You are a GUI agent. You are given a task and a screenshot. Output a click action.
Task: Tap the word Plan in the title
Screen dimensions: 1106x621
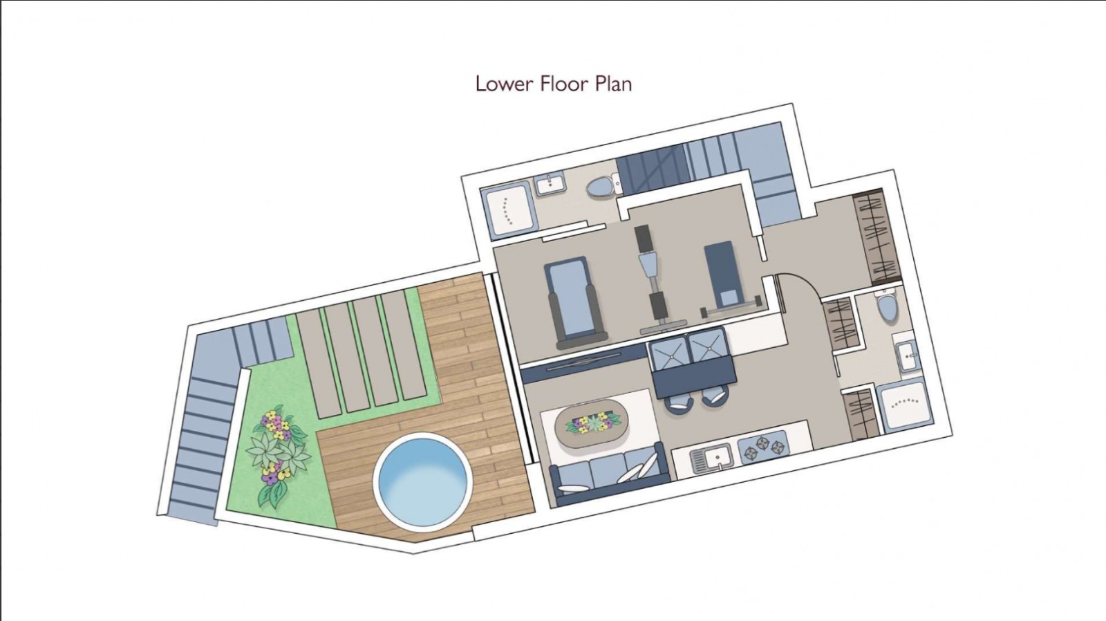click(614, 84)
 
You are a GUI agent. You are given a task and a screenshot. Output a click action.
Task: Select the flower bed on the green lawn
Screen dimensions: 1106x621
click(279, 456)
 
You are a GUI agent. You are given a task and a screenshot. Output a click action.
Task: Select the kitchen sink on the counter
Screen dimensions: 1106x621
click(711, 459)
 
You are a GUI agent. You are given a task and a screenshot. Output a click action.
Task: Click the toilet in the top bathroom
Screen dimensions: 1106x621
click(603, 186)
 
